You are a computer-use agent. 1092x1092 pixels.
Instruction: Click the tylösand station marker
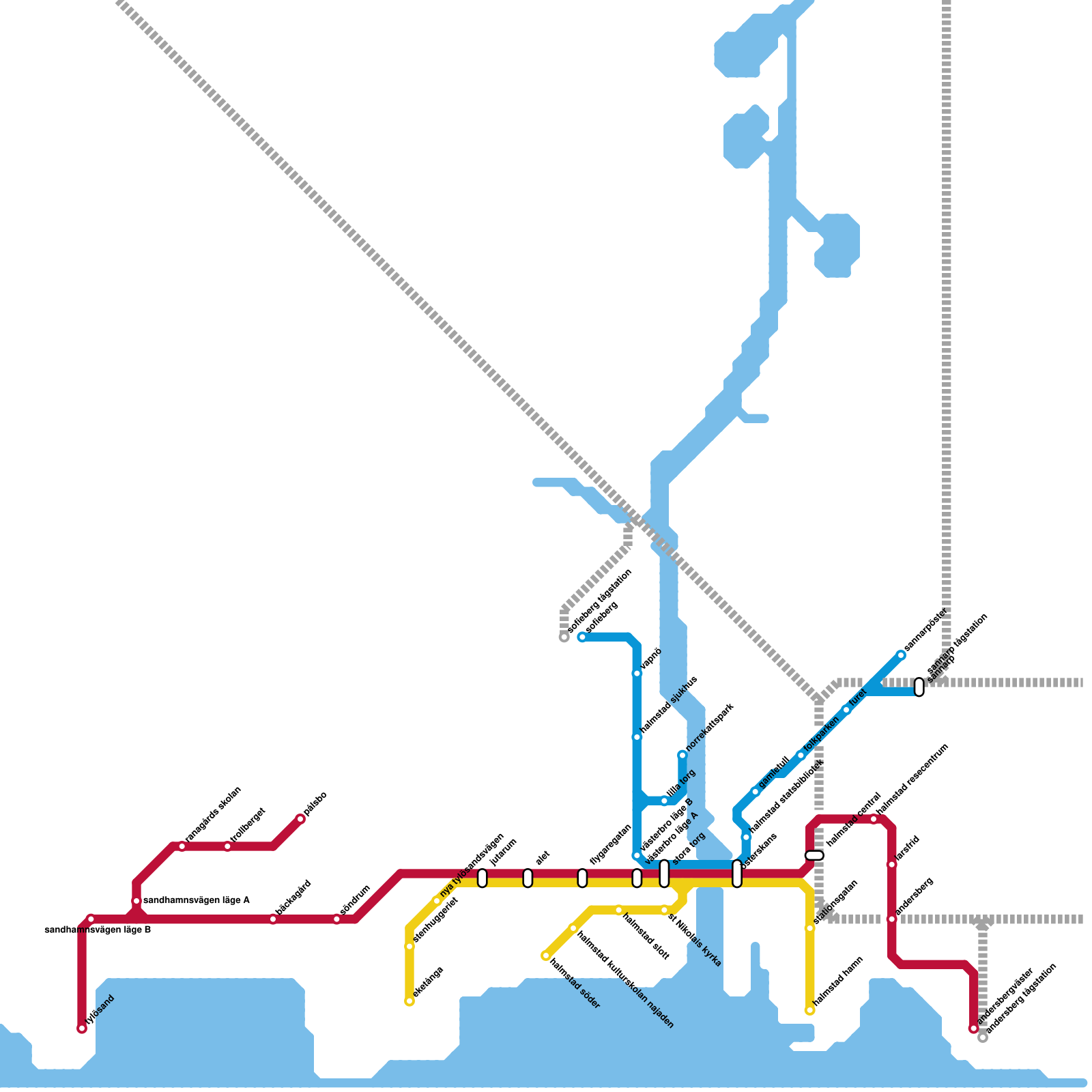point(82,1029)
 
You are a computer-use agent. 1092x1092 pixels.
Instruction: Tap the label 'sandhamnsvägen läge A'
point(196,901)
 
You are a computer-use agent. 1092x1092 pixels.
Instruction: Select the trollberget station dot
point(228,847)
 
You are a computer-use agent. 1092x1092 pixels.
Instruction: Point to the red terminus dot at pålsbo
point(300,819)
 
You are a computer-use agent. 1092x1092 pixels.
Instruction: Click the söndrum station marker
point(337,919)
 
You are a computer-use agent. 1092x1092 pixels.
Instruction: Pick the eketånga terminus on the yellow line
point(409,1001)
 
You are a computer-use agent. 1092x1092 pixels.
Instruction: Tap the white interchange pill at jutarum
point(483,878)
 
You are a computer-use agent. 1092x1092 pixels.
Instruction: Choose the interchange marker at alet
point(528,878)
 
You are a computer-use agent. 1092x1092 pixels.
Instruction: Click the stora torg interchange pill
point(664,874)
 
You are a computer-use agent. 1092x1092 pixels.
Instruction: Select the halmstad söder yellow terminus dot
point(546,955)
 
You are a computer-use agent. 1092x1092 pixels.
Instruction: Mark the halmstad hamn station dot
point(810,1010)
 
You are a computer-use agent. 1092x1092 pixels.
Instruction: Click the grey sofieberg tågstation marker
point(564,637)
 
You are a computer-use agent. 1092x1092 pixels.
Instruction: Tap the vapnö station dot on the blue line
point(637,674)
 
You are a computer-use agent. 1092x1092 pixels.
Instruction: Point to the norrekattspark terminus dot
point(682,755)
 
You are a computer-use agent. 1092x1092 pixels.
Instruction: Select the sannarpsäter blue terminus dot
point(901,655)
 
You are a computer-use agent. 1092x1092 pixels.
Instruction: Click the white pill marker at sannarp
point(919,687)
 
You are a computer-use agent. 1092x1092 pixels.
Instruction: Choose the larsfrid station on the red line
point(891,865)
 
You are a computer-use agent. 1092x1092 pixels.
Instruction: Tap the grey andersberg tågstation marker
point(983,1037)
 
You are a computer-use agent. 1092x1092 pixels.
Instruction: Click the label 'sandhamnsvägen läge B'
point(98,930)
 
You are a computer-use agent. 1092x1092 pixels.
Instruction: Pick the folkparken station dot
point(801,756)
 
